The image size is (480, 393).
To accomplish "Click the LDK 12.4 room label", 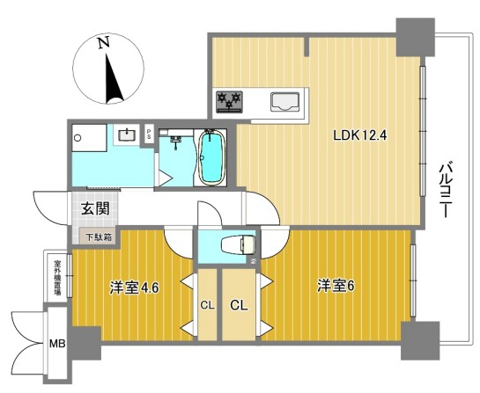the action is [360, 135].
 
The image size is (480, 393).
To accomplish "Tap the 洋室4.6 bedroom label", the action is [135, 287].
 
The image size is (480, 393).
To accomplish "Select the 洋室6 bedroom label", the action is [336, 287].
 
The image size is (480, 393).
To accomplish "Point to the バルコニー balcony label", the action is [446, 191].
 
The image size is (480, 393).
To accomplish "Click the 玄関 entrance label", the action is [95, 209].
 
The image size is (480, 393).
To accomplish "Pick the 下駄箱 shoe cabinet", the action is [98, 237].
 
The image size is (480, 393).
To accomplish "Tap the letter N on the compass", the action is [104, 43].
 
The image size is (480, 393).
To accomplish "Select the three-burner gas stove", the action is [229, 101].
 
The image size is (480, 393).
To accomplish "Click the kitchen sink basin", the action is [284, 102].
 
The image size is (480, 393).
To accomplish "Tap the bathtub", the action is [212, 157].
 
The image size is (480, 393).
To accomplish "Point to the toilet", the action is [239, 245].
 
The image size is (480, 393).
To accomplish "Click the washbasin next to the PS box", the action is [126, 135].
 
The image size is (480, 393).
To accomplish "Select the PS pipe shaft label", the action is [149, 135].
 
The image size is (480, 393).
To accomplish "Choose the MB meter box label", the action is [57, 344].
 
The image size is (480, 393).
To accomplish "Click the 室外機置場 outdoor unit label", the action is [57, 278].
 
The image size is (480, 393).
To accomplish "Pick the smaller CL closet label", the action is [207, 305].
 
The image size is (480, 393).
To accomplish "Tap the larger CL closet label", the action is [239, 305].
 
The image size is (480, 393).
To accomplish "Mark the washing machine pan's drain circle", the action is [78, 138].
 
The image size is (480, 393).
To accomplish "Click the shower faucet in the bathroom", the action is [175, 142].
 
